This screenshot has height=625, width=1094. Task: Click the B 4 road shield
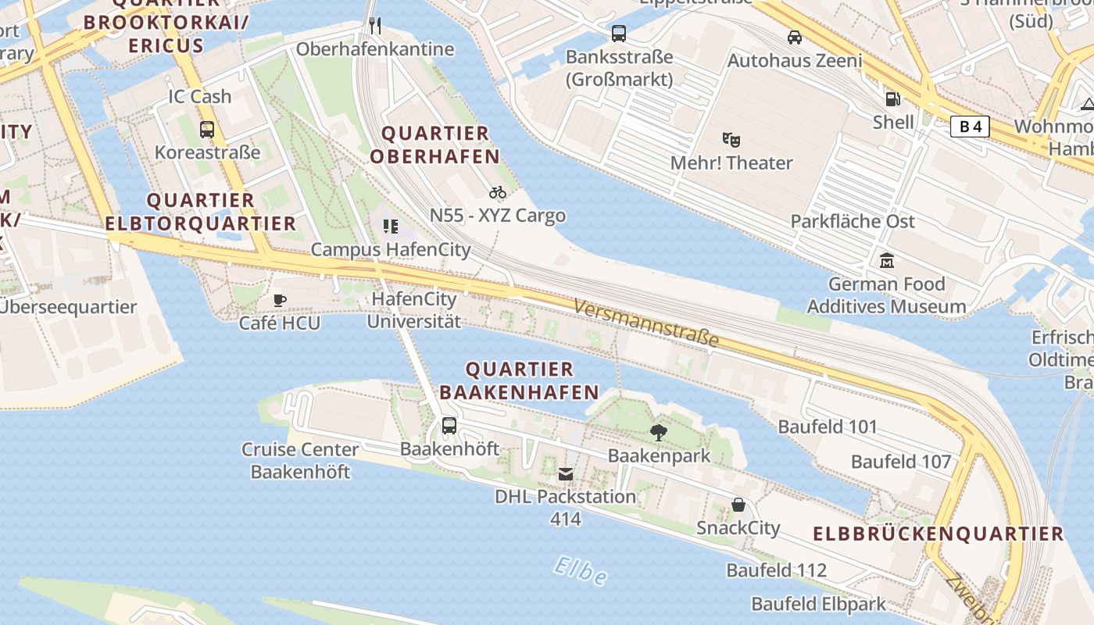click(x=970, y=126)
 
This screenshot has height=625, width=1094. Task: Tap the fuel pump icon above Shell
click(x=892, y=99)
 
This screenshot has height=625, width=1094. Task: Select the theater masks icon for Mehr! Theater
click(x=731, y=140)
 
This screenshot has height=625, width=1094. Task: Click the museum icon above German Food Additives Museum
click(x=887, y=260)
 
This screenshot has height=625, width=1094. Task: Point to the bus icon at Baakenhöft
click(x=449, y=426)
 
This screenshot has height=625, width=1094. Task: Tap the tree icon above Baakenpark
click(x=659, y=432)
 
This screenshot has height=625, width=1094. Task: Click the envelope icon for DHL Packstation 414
click(x=566, y=474)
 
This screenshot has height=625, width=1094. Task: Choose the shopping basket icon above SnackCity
click(x=738, y=505)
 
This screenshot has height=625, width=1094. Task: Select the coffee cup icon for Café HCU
click(x=280, y=300)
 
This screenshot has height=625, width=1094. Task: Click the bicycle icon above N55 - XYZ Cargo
click(x=498, y=192)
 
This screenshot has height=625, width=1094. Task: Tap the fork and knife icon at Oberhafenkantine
click(x=375, y=26)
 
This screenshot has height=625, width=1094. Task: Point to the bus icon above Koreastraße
click(x=207, y=130)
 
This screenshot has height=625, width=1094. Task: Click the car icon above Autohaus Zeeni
click(x=795, y=37)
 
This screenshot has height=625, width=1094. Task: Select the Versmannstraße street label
click(x=645, y=322)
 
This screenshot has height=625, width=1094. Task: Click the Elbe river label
click(x=580, y=572)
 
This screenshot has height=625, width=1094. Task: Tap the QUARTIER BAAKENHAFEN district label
click(x=520, y=380)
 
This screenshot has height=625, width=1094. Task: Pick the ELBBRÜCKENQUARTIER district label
click(x=938, y=534)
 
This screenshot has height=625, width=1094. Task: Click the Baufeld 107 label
click(x=901, y=462)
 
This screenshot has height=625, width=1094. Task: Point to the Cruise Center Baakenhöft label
click(x=300, y=461)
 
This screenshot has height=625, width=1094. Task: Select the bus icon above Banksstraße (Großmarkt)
click(x=619, y=34)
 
